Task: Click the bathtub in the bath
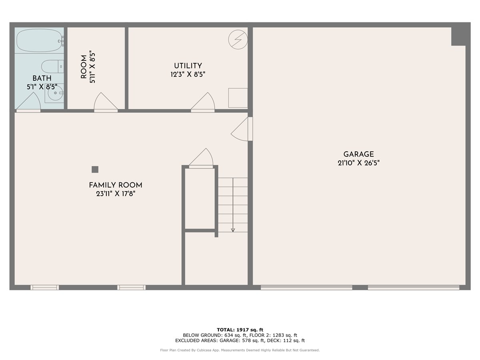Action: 39,40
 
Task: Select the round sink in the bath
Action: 54,94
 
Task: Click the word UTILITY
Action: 188,66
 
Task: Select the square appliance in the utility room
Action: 238,98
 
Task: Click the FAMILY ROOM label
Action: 115,185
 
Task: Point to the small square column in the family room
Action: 95,169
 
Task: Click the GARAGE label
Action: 358,154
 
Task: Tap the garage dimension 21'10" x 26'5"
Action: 358,163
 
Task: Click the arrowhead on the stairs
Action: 233,230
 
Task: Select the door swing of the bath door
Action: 29,102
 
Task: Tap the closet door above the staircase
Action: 201,158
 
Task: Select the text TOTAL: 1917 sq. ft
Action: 240,329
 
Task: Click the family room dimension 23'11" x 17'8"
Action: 115,194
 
